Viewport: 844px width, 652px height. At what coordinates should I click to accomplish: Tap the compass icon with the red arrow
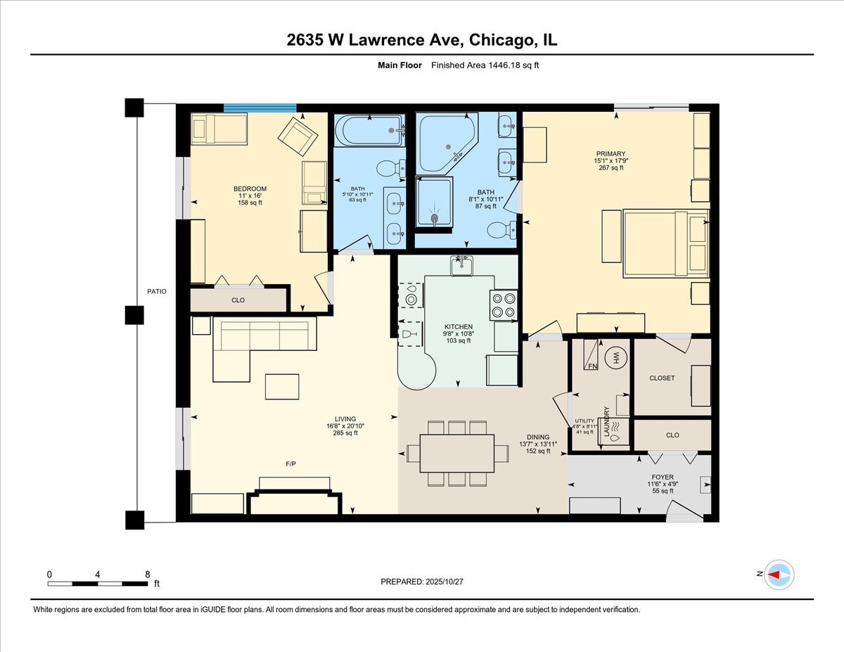pyautogui.click(x=779, y=575)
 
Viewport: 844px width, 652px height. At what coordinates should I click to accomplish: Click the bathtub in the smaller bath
pyautogui.click(x=369, y=130)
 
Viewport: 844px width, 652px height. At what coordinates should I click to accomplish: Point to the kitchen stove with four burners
pyautogui.click(x=504, y=305)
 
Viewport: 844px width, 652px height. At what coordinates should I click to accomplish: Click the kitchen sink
pyautogui.click(x=462, y=266)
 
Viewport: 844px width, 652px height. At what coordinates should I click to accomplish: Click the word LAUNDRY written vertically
pyautogui.click(x=605, y=422)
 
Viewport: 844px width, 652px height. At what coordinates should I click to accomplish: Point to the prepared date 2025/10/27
pyautogui.click(x=422, y=582)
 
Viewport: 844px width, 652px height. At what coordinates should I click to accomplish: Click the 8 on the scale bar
pyautogui.click(x=147, y=574)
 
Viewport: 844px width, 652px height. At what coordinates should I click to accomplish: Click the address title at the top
pyautogui.click(x=422, y=40)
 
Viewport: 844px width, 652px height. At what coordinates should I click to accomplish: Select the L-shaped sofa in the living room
pyautogui.click(x=253, y=345)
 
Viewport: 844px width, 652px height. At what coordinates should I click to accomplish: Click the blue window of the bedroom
pyautogui.click(x=260, y=108)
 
